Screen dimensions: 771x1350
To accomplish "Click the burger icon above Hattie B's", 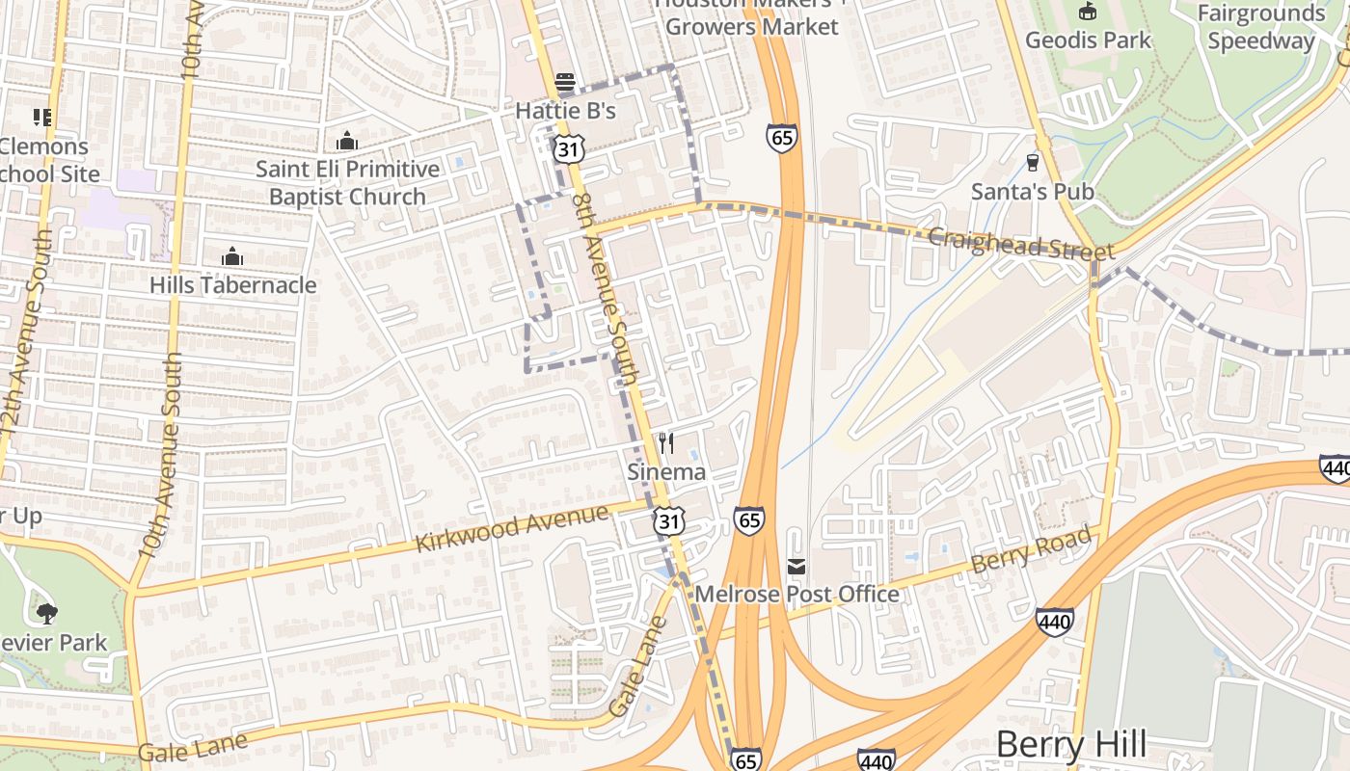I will pyautogui.click(x=565, y=82).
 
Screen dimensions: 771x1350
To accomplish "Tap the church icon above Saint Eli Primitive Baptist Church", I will pyautogui.click(x=347, y=142).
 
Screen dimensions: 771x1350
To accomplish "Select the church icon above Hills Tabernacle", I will pyautogui.click(x=231, y=256).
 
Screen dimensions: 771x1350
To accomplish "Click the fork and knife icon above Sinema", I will pyautogui.click(x=666, y=443).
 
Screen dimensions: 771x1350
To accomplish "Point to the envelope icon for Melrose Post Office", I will pyautogui.click(x=796, y=566).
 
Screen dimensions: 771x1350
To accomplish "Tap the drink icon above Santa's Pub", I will pyautogui.click(x=1033, y=163).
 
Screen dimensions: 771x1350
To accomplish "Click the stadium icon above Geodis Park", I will pyautogui.click(x=1088, y=12).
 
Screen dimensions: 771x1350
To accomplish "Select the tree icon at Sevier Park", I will pyautogui.click(x=46, y=613).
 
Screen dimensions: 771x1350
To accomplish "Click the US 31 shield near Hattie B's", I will pyautogui.click(x=569, y=148).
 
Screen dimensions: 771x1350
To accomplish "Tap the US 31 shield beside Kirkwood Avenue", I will pyautogui.click(x=669, y=521).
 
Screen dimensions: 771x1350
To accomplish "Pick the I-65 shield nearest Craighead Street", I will pyautogui.click(x=782, y=137).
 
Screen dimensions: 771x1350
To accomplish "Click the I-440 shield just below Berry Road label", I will pyautogui.click(x=1055, y=622).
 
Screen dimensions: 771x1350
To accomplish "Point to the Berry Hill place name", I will pyautogui.click(x=1070, y=744).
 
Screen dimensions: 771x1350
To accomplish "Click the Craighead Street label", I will pyautogui.click(x=1021, y=244).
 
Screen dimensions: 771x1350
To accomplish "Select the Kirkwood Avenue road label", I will pyautogui.click(x=512, y=528).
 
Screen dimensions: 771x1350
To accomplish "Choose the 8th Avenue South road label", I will pyautogui.click(x=607, y=289).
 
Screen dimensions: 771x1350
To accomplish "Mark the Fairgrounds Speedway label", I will pyautogui.click(x=1261, y=27).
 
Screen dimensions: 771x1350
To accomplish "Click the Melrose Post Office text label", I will pyautogui.click(x=796, y=595).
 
